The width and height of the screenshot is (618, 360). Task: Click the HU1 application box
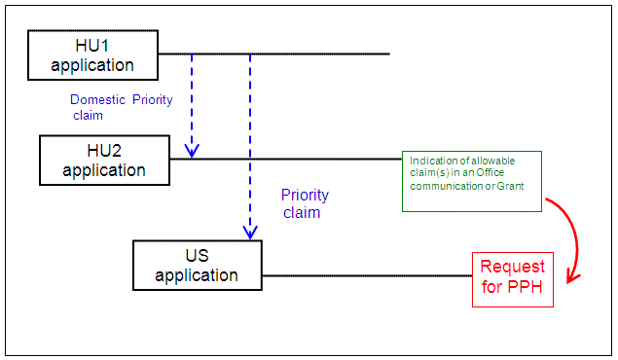click(92, 55)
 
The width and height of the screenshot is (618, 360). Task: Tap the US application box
click(198, 265)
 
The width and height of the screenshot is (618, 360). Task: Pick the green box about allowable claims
click(472, 181)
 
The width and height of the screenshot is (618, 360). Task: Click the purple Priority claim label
click(302, 203)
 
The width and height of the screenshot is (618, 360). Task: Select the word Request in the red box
click(513, 267)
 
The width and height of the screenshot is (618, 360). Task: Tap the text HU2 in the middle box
click(104, 151)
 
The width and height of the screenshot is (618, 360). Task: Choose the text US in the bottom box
click(197, 256)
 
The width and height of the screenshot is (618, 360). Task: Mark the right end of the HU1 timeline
click(389, 54)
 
